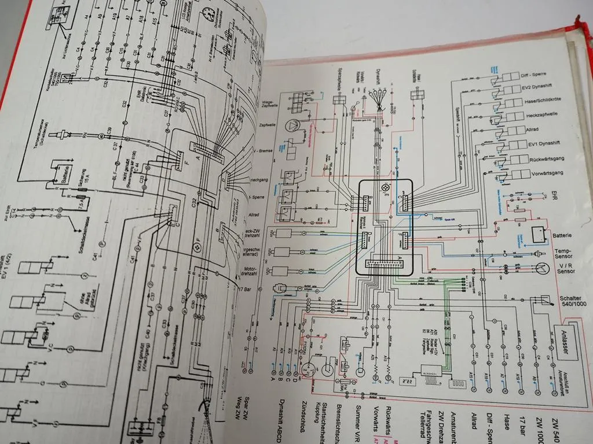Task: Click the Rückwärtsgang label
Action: (x=549, y=160)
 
